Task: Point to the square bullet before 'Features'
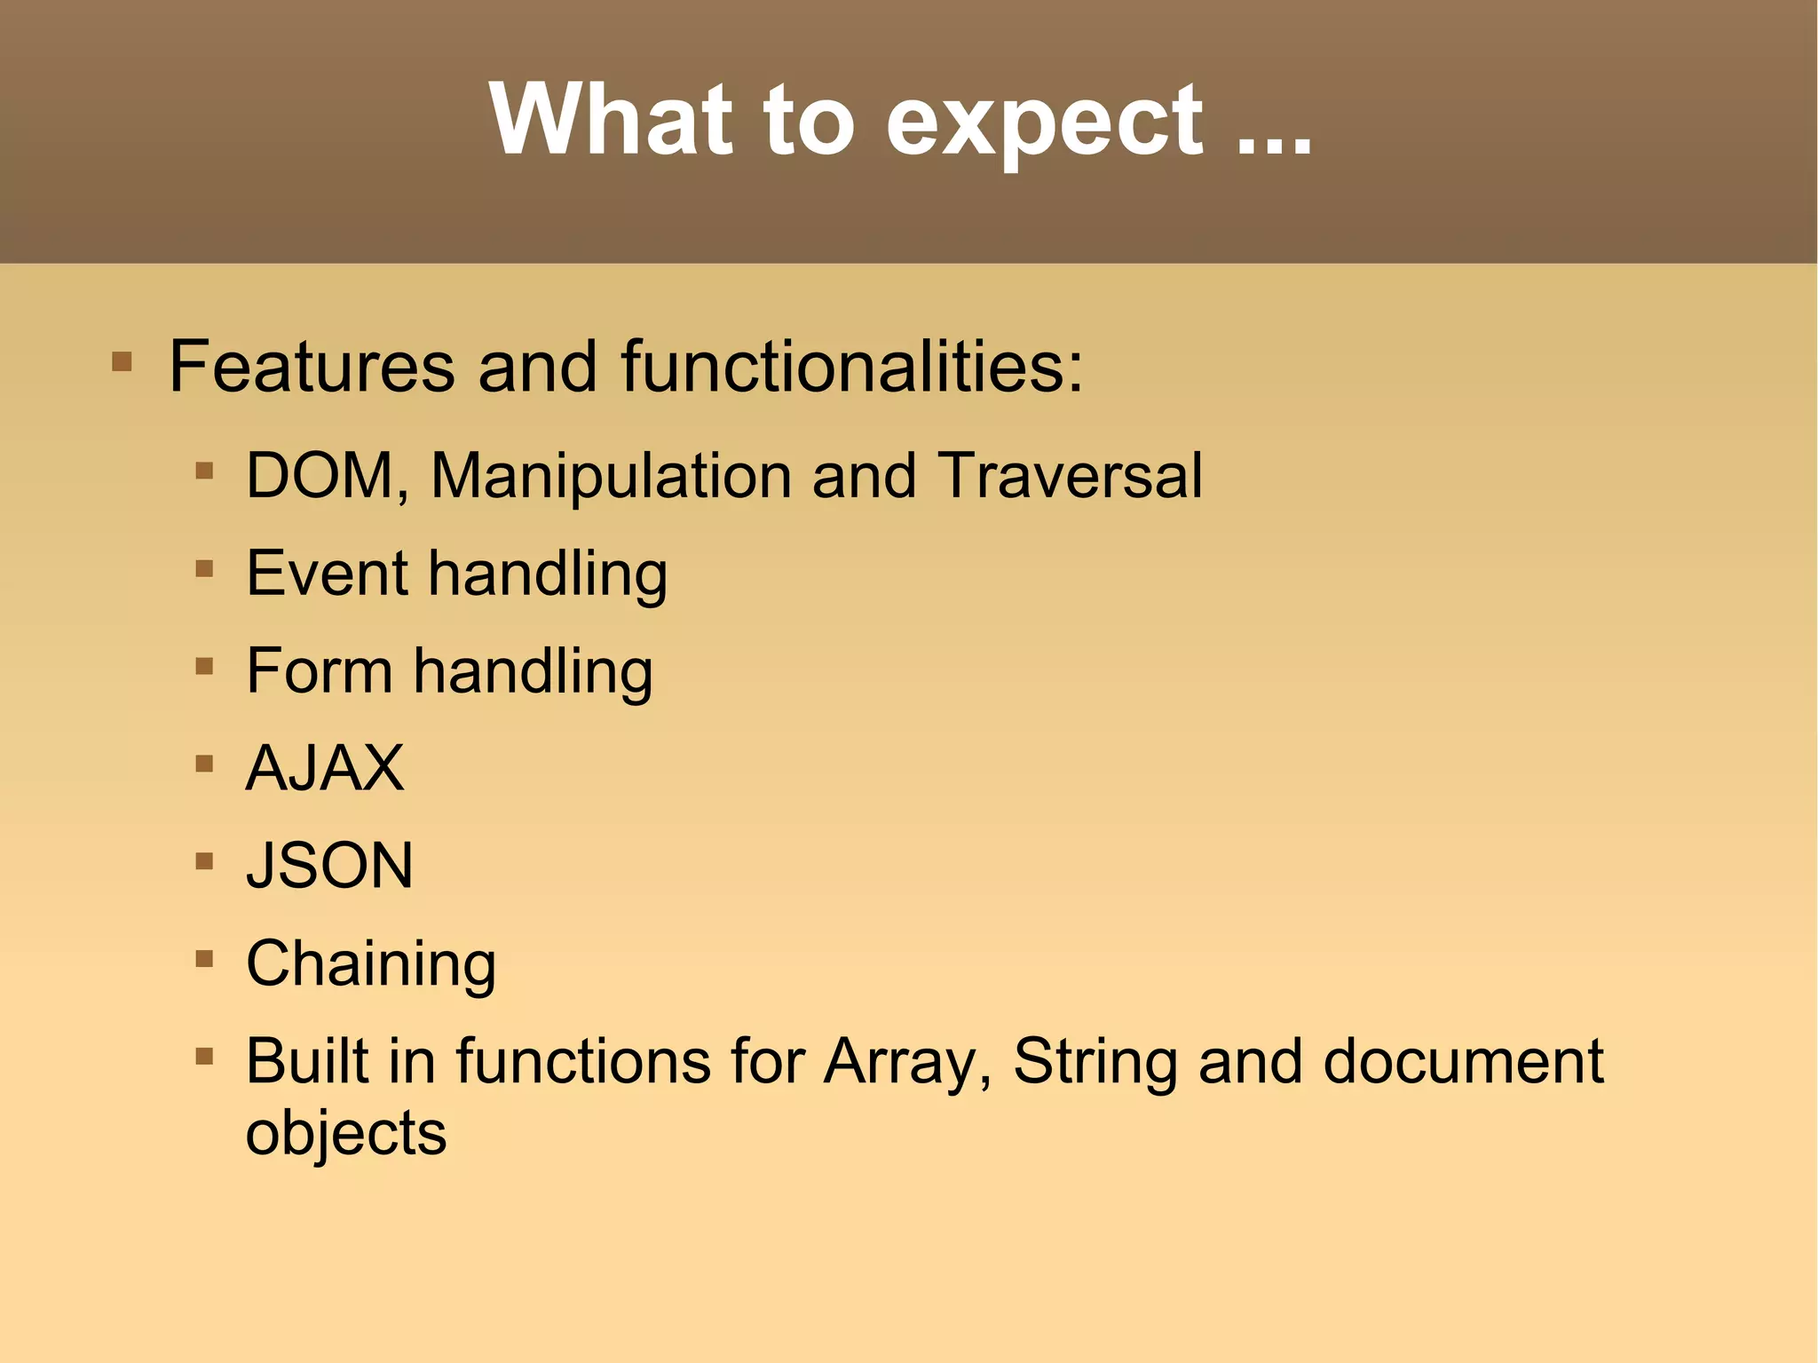coord(123,361)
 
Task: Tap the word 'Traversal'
coord(1070,476)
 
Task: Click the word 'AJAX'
coord(325,768)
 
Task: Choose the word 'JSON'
coord(329,866)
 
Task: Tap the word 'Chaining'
coord(370,965)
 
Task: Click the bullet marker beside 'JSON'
coord(204,860)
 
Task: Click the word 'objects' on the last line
coord(346,1135)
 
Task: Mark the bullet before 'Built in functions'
coord(204,1056)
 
